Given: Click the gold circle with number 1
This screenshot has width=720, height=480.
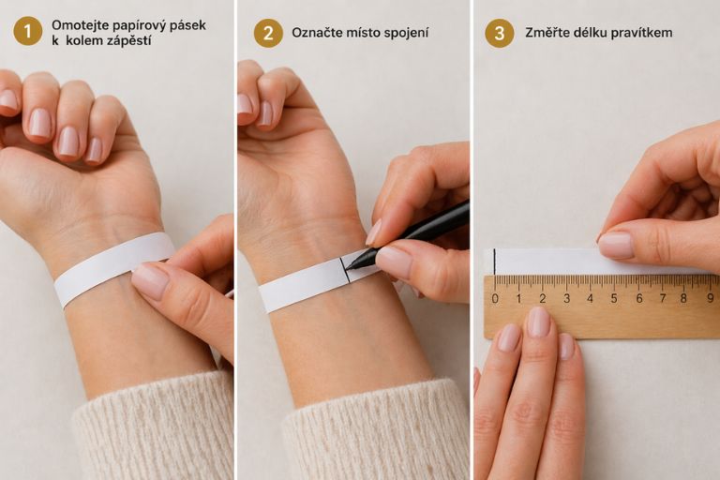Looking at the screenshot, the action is point(27,31).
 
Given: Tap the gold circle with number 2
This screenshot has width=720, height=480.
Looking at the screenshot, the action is point(268,33).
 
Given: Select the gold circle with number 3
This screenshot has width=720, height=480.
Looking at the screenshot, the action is point(499,33).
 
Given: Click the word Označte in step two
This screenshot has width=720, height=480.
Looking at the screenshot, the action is point(315,33).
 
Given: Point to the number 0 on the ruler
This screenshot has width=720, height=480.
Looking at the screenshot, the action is point(495,298).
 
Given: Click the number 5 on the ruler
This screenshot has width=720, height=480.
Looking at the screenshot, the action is point(614,298).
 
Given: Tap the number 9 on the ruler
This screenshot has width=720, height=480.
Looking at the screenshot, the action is point(711,298).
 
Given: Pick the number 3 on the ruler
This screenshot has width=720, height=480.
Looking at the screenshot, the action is point(566,298).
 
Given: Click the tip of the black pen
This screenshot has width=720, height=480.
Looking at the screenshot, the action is point(347,267).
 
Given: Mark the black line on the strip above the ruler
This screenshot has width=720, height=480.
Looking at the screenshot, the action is point(495,262).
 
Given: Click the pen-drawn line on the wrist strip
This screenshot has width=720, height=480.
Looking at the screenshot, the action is point(345,270).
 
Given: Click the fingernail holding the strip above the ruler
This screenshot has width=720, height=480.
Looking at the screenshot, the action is point(616,246).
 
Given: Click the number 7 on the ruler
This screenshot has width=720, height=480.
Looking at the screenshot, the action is point(663,298).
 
